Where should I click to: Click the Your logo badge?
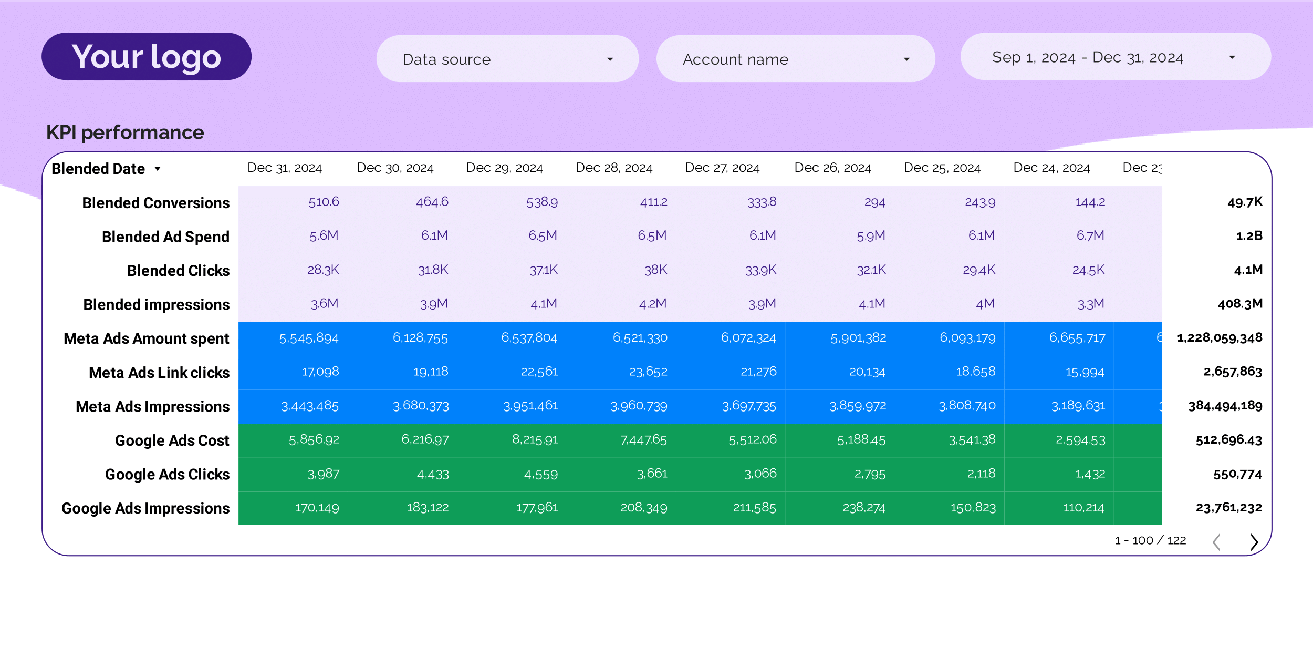tap(146, 57)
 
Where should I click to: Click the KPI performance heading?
tap(125, 132)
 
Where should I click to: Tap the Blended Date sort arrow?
tap(158, 169)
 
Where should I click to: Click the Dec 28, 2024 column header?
tap(613, 168)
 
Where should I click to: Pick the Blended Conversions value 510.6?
tap(324, 202)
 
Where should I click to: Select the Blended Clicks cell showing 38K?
tap(655, 270)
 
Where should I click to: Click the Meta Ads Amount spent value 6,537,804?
tap(529, 338)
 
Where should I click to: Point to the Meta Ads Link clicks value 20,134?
tap(867, 372)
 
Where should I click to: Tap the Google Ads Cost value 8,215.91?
tap(535, 439)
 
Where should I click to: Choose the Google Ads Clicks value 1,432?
tap(1090, 474)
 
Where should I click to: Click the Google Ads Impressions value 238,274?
tap(863, 508)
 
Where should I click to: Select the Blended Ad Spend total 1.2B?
tap(1249, 236)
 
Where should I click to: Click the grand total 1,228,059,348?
tap(1220, 338)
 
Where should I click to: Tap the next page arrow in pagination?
tap(1254, 542)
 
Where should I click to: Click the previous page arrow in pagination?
tap(1216, 542)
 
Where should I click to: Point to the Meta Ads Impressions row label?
tap(152, 406)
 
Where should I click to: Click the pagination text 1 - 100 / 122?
tap(1150, 541)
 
